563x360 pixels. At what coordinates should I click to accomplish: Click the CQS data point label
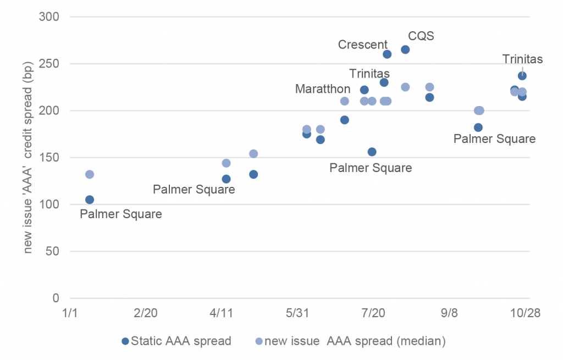(x=421, y=36)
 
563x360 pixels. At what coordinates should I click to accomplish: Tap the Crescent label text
(x=363, y=45)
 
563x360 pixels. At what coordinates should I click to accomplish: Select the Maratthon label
(x=323, y=88)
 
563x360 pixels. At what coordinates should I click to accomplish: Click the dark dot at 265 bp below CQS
(x=405, y=49)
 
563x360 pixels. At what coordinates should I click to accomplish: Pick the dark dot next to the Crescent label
(x=387, y=54)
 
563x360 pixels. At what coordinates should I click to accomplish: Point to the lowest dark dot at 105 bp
(x=90, y=200)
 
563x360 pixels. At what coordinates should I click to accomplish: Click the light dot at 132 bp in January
(x=90, y=174)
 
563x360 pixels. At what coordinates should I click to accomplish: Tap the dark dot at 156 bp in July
(x=372, y=152)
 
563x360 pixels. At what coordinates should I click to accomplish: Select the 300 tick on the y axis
(x=51, y=17)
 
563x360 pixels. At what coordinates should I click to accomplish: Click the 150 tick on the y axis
(x=51, y=158)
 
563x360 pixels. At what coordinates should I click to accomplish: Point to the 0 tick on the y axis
(x=56, y=298)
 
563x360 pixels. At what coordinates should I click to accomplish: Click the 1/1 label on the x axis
(x=70, y=313)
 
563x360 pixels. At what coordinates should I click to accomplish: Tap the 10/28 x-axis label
(x=525, y=313)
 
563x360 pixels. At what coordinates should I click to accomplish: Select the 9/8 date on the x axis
(x=449, y=313)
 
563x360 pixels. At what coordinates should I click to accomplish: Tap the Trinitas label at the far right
(x=522, y=59)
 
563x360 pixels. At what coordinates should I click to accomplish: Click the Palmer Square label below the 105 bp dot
(x=121, y=214)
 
